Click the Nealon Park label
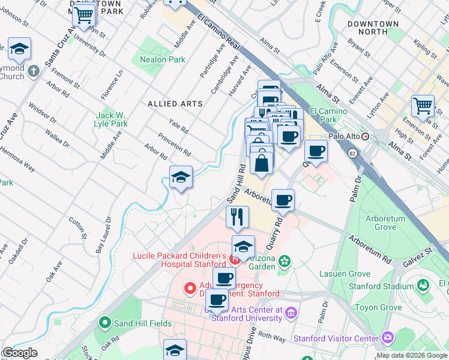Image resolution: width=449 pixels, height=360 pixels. click(x=162, y=59)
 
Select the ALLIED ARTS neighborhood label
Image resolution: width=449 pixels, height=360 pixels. click(x=175, y=104)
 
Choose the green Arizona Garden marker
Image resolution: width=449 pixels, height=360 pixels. click(x=285, y=261)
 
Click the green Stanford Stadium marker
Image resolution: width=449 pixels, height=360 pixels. click(x=424, y=285)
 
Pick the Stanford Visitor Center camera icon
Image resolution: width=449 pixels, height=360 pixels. click(x=387, y=337)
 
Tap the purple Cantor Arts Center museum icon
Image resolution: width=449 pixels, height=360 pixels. click(x=291, y=313)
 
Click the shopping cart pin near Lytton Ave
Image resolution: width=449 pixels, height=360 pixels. click(x=423, y=106)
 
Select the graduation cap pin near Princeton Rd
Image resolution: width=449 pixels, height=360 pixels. click(x=181, y=177)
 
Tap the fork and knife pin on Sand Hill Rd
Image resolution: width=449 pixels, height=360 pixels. click(x=238, y=216)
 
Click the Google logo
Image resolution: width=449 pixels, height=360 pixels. click(x=19, y=353)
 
